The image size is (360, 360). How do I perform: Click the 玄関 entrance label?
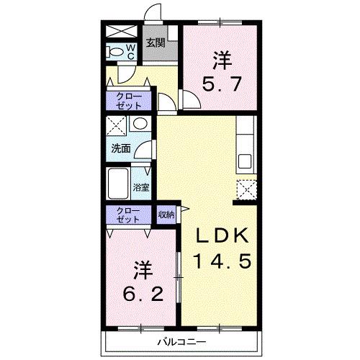[156, 43]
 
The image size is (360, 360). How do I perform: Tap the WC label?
[131, 51]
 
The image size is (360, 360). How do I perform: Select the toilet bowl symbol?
[115, 52]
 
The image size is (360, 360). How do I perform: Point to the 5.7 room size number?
[222, 84]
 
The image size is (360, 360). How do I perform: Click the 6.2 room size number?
[143, 294]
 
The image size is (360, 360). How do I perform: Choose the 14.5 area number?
[222, 261]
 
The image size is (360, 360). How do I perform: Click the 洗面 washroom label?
[121, 149]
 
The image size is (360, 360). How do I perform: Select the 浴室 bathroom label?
[141, 187]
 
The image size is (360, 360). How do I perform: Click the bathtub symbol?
[117, 183]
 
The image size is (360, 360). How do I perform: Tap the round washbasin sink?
[140, 123]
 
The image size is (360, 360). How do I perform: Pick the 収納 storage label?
[166, 215]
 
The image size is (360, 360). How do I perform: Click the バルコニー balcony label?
[181, 342]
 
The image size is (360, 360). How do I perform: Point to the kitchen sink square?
[245, 161]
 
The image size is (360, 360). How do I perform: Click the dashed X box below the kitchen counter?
[247, 189]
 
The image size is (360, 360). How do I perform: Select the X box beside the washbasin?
[116, 126]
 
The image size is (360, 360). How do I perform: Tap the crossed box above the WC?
[122, 31]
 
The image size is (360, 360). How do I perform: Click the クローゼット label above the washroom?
[129, 101]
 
